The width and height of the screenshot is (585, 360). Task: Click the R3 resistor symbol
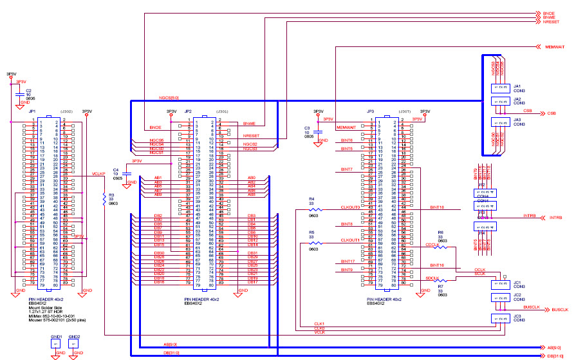pos(104,200)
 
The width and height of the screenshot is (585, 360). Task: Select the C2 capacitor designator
pos(28,90)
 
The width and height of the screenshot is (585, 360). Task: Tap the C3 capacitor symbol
pos(317,132)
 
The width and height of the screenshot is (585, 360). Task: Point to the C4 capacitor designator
pos(116,169)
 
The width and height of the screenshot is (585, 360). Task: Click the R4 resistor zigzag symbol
pos(314,209)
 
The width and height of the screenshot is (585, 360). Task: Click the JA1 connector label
pos(517,86)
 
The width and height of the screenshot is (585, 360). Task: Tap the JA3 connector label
pos(517,119)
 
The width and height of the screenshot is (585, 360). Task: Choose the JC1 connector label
pos(517,281)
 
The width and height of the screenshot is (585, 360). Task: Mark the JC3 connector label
pos(517,316)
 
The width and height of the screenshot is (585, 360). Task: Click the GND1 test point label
pos(57,337)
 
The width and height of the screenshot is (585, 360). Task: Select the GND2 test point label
pos(75,337)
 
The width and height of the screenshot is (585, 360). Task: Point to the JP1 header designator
pos(32,111)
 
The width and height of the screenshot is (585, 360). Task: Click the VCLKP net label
pos(98,174)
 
